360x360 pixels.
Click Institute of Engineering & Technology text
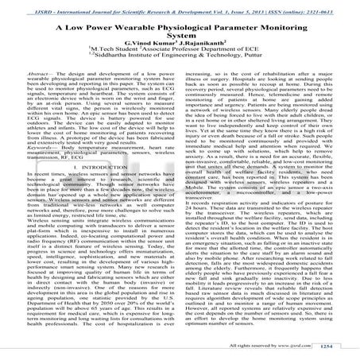[x=192, y=60]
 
